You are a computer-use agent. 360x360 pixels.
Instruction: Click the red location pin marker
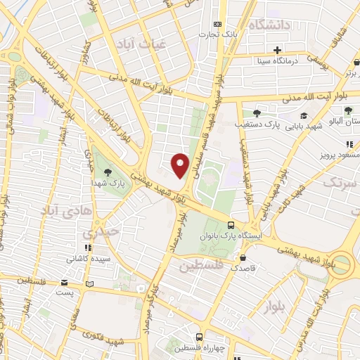[181, 165]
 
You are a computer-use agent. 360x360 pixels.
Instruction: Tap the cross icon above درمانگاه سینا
[278, 51]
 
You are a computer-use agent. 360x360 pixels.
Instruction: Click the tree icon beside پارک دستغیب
[257, 112]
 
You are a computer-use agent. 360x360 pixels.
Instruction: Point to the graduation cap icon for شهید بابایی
[303, 116]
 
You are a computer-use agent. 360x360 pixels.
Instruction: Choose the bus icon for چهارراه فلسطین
[200, 337]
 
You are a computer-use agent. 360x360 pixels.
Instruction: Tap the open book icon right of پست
[89, 284]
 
